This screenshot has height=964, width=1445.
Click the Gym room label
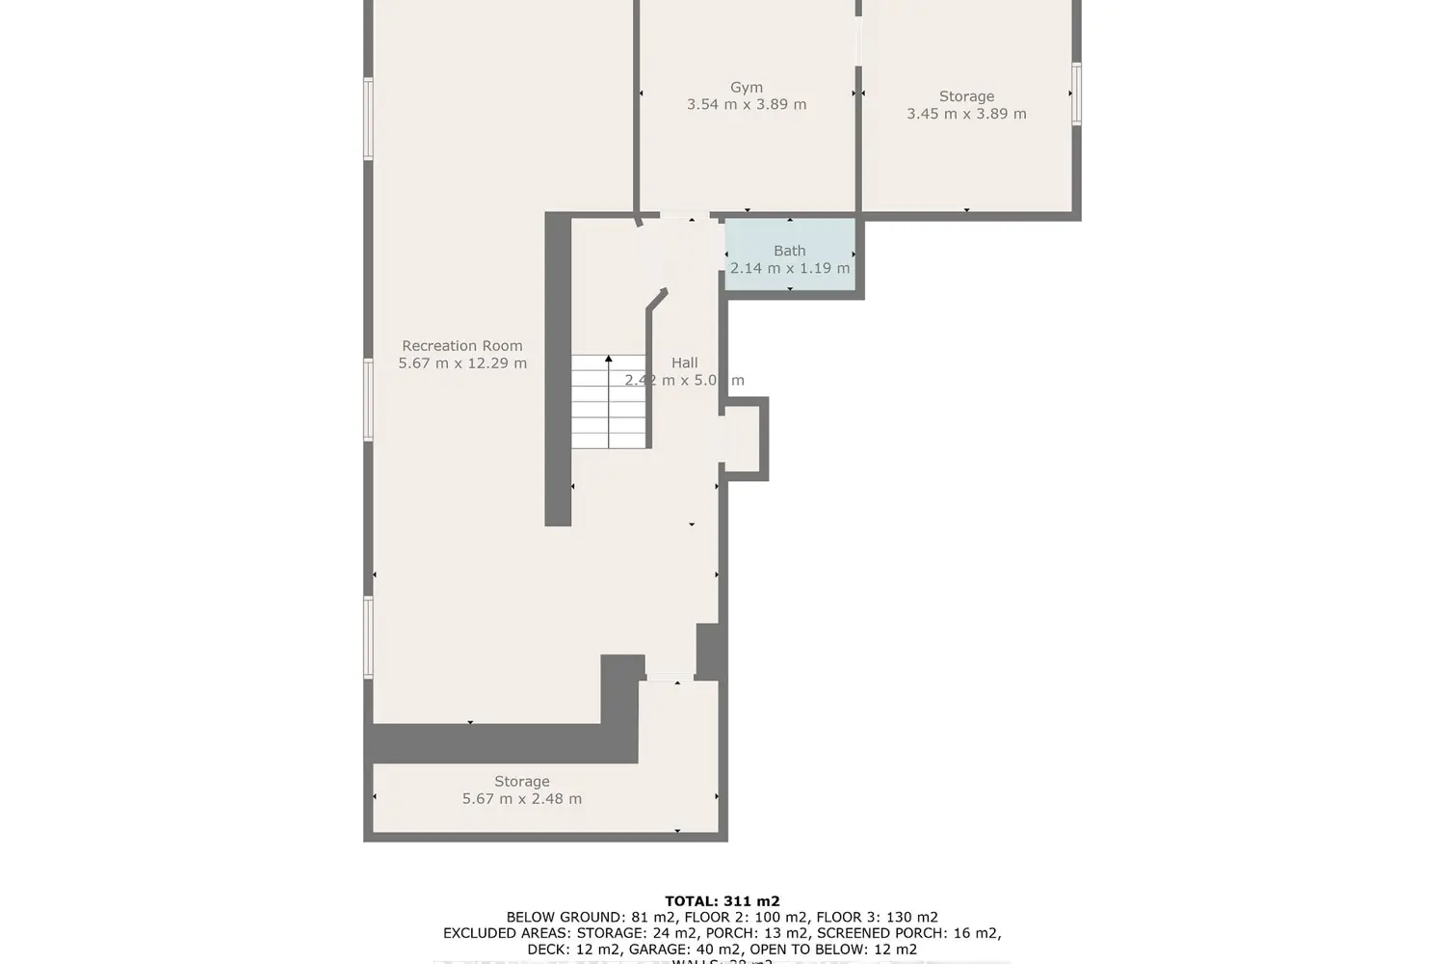click(x=746, y=88)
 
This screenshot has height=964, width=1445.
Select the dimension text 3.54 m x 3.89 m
click(x=746, y=105)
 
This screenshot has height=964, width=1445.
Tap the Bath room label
click(x=789, y=251)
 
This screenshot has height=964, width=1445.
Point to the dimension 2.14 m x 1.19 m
click(x=789, y=269)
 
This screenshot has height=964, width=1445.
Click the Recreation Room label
click(x=461, y=346)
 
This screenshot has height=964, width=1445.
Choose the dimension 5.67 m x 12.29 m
click(x=461, y=363)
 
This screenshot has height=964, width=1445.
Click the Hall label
click(x=684, y=363)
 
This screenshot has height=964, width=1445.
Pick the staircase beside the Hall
click(x=609, y=402)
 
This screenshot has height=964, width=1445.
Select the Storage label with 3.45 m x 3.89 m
click(x=965, y=96)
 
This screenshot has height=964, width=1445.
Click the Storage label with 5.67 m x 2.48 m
click(x=521, y=782)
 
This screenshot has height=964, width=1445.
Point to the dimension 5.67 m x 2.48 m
click(x=521, y=799)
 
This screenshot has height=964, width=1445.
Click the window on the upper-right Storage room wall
click(x=1076, y=94)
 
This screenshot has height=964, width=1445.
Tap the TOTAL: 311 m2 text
click(x=722, y=902)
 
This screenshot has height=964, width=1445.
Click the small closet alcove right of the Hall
click(x=742, y=438)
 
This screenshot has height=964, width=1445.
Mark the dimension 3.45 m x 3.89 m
click(x=965, y=114)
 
